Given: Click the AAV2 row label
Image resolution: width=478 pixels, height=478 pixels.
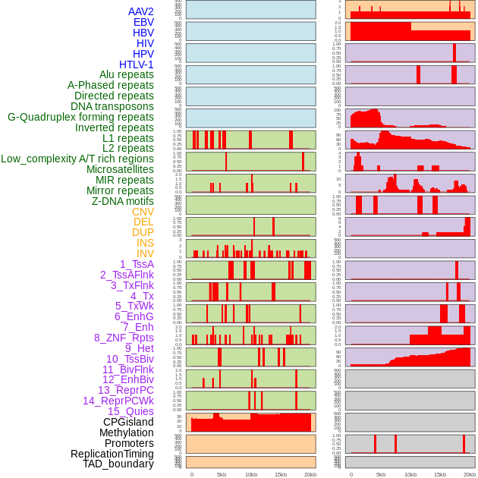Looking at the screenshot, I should [x=141, y=11].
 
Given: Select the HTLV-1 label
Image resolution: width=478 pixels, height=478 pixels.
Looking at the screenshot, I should [x=137, y=64].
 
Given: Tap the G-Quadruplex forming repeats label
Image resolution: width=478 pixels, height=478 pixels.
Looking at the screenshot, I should [x=80, y=117].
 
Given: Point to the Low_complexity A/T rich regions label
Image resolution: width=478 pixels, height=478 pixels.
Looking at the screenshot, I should [x=77, y=159].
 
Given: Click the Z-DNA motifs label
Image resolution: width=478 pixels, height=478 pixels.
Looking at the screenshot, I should [x=123, y=201].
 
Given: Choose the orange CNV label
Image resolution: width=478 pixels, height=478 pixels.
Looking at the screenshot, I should [x=143, y=212].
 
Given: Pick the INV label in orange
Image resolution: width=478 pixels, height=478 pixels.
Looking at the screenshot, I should [x=145, y=253].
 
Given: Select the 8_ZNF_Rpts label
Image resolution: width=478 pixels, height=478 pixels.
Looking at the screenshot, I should [x=124, y=338].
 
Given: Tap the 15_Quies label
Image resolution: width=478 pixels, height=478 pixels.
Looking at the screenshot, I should [x=131, y=411].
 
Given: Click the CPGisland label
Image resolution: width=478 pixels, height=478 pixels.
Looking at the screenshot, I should [x=128, y=422].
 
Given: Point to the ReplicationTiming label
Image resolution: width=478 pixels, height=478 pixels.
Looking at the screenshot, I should [x=112, y=454].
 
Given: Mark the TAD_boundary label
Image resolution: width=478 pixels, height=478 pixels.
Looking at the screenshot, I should [x=118, y=464].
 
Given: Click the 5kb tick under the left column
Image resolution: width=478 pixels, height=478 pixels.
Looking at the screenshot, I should [x=222, y=474].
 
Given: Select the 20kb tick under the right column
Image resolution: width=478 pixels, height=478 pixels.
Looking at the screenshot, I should [x=470, y=474].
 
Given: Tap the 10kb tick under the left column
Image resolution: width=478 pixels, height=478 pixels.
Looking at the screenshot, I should [x=251, y=474].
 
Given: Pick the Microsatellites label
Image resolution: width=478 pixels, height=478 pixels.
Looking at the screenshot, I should [x=120, y=169].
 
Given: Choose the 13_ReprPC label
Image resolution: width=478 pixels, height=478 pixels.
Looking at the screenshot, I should [x=126, y=390].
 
